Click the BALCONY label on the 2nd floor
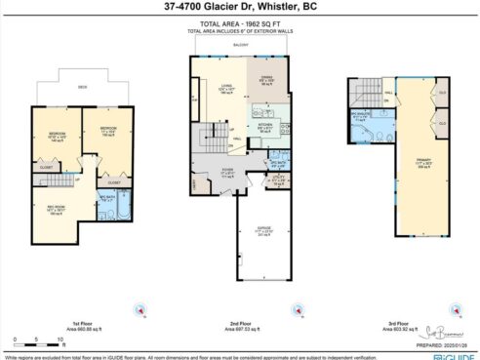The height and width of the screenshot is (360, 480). point(240,45)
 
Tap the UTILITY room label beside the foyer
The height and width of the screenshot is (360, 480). point(278,178)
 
